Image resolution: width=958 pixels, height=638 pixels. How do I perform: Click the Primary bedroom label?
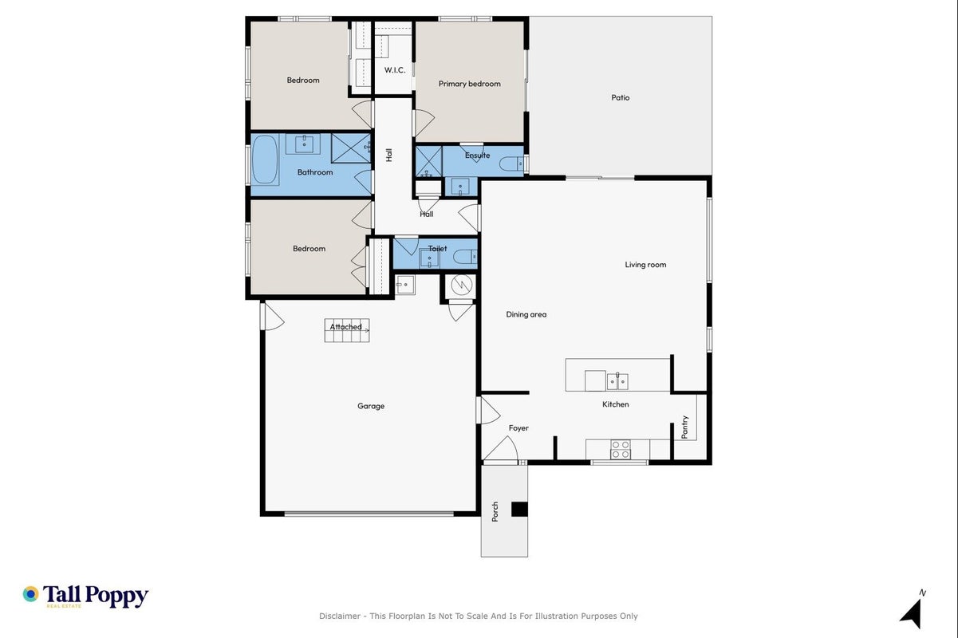click(469, 84)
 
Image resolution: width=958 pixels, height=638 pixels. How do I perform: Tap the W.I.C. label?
click(395, 69)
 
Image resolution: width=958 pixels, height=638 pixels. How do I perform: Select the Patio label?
click(620, 97)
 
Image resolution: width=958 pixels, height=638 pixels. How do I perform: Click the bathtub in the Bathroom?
click(265, 159)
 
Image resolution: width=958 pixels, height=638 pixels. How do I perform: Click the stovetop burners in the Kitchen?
click(620, 449)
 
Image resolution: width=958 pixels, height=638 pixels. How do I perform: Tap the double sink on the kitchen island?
click(617, 381)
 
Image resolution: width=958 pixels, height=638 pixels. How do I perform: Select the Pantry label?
click(684, 427)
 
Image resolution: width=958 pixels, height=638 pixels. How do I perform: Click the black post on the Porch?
click(519, 510)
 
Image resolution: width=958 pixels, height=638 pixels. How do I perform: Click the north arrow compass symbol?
click(913, 612)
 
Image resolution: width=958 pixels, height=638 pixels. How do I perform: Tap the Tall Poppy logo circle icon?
click(30, 594)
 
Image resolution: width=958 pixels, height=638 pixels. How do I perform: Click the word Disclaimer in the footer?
click(340, 616)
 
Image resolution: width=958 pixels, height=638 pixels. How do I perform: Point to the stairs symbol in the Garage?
click(347, 330)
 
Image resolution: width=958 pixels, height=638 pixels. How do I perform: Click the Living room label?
click(645, 265)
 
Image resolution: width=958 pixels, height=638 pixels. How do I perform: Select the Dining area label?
click(526, 314)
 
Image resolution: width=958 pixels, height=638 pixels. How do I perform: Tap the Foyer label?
click(518, 428)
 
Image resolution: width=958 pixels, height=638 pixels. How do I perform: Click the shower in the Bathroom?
click(351, 148)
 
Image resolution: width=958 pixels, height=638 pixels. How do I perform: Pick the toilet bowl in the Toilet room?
click(465, 257)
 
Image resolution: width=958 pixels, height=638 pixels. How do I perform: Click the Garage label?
click(371, 406)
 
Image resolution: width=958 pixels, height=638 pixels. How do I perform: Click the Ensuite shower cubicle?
click(429, 162)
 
